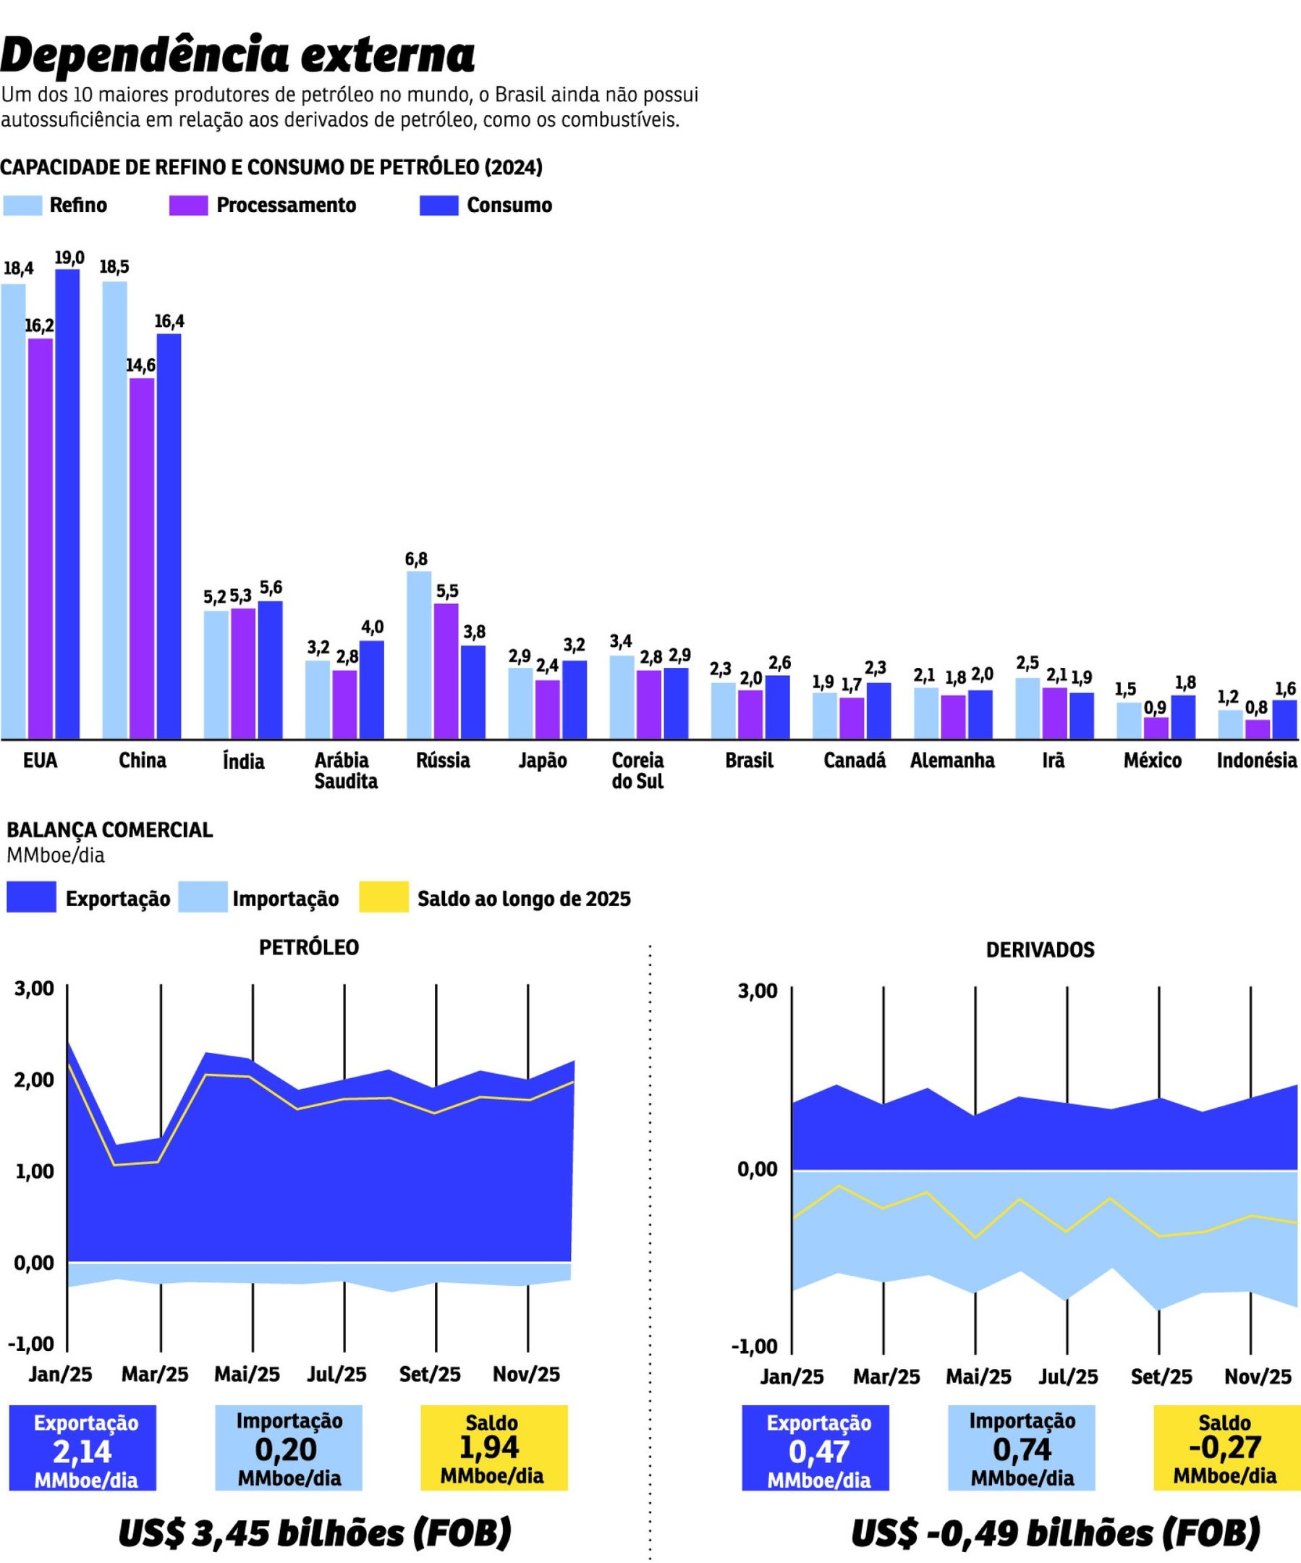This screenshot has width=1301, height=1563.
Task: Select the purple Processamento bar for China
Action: click(x=141, y=558)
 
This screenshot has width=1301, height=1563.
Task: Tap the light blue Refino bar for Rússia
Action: click(x=418, y=655)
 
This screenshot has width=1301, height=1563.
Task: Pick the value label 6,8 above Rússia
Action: click(x=416, y=559)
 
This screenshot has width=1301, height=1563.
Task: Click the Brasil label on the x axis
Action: click(x=749, y=760)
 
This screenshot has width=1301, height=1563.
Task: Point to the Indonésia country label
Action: click(x=1256, y=760)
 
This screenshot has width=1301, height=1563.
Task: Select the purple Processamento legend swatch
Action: click(x=187, y=206)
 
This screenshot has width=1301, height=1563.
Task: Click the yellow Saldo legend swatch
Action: click(x=383, y=897)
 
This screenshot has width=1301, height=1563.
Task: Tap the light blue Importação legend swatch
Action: click(x=203, y=897)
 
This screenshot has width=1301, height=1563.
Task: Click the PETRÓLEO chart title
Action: click(x=309, y=947)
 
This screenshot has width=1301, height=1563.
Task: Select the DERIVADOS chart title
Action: click(x=1040, y=949)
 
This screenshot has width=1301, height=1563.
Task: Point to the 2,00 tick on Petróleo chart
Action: click(x=34, y=1079)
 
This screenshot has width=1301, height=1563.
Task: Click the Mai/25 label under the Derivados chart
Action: click(x=978, y=1377)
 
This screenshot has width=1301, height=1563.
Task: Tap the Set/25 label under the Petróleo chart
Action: click(x=430, y=1374)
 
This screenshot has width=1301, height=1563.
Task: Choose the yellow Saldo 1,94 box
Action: click(x=493, y=1448)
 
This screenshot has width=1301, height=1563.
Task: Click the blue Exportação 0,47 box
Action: click(x=815, y=1448)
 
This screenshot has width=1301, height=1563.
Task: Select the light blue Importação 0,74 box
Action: click(x=1021, y=1448)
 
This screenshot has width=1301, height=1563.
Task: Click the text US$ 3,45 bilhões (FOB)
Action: click(x=315, y=1533)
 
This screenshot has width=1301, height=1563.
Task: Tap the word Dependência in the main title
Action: click(x=145, y=54)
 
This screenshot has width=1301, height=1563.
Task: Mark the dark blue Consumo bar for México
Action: click(x=1182, y=717)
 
